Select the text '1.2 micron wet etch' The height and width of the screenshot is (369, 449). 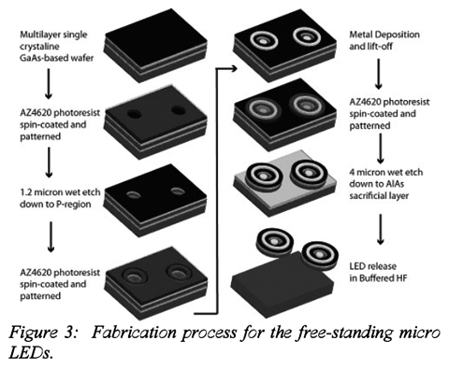60,192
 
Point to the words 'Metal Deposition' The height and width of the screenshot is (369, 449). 384,35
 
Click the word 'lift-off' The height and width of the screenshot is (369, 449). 380,47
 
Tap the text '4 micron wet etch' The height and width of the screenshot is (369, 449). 386,172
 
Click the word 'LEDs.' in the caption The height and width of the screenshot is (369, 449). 30,353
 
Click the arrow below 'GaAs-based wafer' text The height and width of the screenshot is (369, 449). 49,84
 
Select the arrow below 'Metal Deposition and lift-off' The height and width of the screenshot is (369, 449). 379,74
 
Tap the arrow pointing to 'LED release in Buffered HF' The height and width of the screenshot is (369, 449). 380,229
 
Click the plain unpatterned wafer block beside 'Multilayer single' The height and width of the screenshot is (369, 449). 156,45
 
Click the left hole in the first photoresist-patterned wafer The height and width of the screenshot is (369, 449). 135,114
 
